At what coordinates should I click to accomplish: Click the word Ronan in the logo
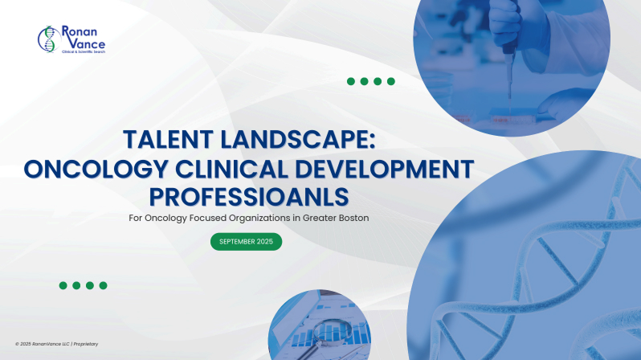pos(78,31)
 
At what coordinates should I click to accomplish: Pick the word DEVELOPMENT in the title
pos(392,170)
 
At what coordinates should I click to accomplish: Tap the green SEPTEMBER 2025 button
pos(246,241)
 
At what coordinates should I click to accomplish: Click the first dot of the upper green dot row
pos(351,81)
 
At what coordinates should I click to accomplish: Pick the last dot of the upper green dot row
pos(390,81)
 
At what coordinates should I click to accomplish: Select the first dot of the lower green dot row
pos(63,285)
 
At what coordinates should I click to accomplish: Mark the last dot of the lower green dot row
pos(103,285)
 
